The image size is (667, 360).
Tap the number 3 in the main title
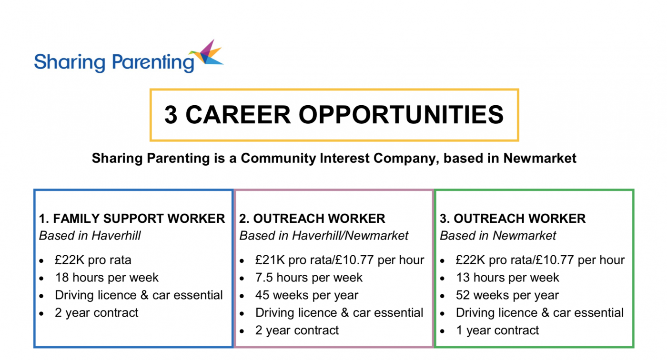[x=171, y=115]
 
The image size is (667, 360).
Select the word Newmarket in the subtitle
[x=540, y=158]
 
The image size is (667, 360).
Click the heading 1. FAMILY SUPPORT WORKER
[x=132, y=219]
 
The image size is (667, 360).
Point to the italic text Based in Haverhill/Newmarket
[x=324, y=236]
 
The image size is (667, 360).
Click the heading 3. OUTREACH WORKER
[x=513, y=219]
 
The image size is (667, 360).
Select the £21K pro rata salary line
[x=339, y=260]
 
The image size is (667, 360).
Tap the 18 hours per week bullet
[x=107, y=278]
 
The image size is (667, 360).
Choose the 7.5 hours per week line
[x=309, y=278]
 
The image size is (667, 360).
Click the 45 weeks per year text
[x=307, y=295]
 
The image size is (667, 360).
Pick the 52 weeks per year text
[x=507, y=295]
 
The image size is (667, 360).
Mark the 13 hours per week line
[x=507, y=278]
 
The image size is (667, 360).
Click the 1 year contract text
[x=497, y=330]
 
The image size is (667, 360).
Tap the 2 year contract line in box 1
[x=97, y=313]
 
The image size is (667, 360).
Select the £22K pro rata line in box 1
[x=93, y=260]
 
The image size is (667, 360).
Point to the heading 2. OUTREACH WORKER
[x=312, y=219]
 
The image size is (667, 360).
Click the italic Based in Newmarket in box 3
[x=498, y=236]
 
